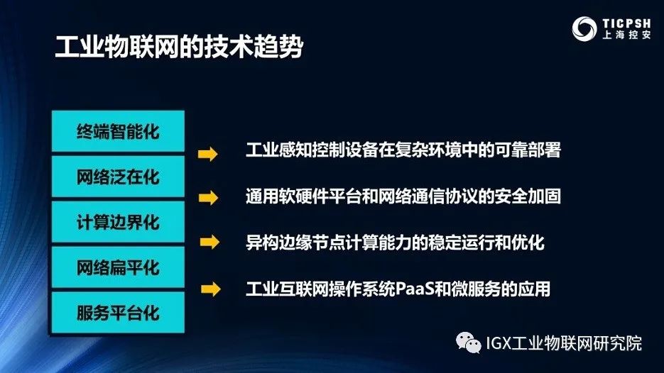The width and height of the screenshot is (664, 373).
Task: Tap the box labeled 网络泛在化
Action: click(x=118, y=177)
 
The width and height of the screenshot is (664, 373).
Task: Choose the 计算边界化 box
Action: click(x=118, y=222)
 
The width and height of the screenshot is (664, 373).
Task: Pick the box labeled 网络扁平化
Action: click(x=118, y=267)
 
